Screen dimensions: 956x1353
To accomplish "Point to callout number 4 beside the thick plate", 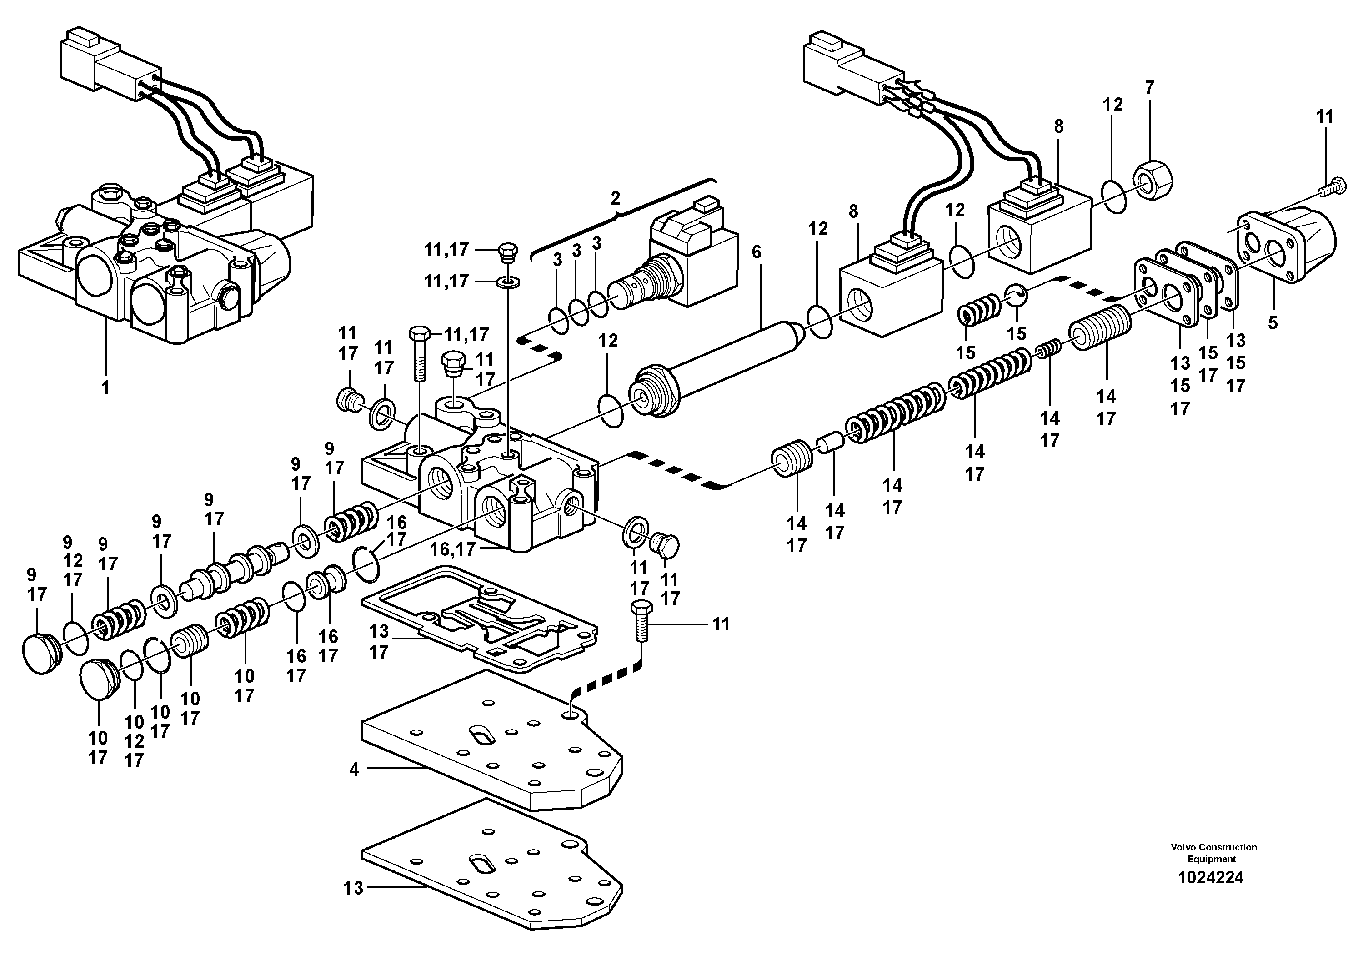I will (354, 770).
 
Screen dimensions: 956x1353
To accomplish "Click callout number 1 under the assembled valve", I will (106, 388).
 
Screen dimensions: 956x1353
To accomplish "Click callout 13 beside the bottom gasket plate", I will (354, 888).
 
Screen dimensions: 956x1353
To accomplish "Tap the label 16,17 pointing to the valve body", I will (452, 549).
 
